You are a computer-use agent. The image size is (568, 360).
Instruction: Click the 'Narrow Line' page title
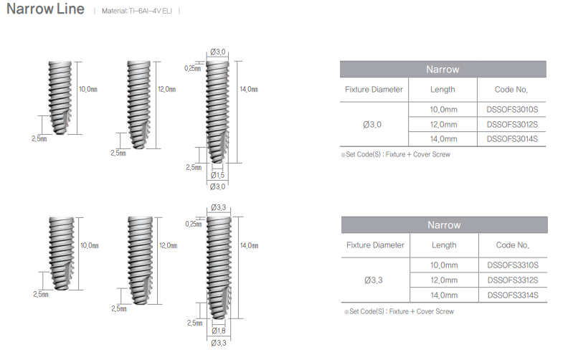tap(45, 9)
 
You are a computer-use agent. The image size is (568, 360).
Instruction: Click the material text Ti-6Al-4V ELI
tap(151, 11)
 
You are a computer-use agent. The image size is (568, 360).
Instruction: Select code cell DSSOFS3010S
tap(512, 110)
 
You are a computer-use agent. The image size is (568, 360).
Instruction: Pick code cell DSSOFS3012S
tap(512, 125)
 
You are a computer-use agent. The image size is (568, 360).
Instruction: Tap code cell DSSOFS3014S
tap(512, 139)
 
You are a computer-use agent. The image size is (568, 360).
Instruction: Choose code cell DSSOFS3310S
tap(513, 265)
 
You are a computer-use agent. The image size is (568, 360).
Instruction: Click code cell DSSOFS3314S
tap(513, 295)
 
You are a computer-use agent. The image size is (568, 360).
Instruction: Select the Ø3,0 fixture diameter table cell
tap(372, 125)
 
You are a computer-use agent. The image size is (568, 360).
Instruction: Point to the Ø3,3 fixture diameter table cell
tap(374, 280)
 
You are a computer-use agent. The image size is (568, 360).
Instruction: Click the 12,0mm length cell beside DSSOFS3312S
tap(444, 280)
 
